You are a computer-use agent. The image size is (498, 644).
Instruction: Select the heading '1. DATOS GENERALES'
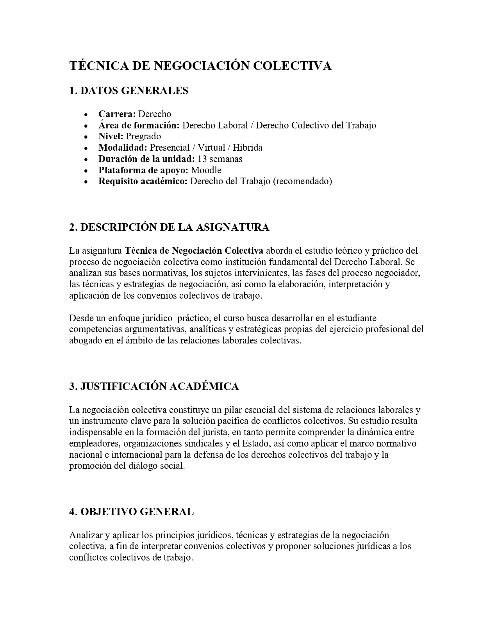coord(129,91)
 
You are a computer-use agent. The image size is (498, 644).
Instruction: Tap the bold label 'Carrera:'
coord(117,114)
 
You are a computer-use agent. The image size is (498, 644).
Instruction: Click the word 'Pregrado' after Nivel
coord(143,136)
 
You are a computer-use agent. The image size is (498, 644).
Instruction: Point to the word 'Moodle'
coord(206,170)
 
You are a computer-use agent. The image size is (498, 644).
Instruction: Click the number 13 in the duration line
coord(202,159)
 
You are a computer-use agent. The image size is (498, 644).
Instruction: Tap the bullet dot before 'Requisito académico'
coord(86,182)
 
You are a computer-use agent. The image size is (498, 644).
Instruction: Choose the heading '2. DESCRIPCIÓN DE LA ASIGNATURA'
coord(169,227)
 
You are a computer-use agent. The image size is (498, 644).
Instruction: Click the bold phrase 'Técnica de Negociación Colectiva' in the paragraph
coord(194,250)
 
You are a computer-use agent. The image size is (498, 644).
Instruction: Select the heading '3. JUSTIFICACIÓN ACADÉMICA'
coord(154,386)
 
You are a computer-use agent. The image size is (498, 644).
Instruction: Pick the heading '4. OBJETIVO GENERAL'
coord(131,512)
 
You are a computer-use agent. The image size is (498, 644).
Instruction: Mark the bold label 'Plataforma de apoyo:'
coord(143,170)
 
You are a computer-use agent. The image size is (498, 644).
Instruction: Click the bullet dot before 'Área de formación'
coord(86,126)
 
